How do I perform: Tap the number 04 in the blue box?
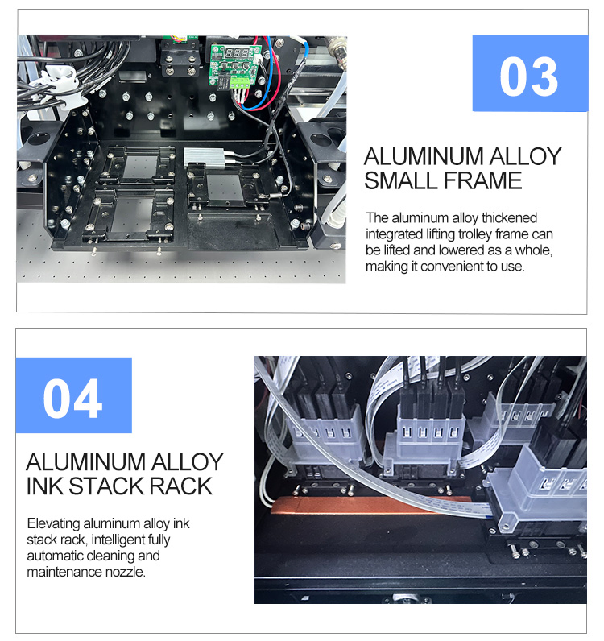pos(73,398)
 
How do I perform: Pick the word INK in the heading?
pos(45,486)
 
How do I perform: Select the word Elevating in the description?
pos(53,523)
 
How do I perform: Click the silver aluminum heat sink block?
pos(201,157)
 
